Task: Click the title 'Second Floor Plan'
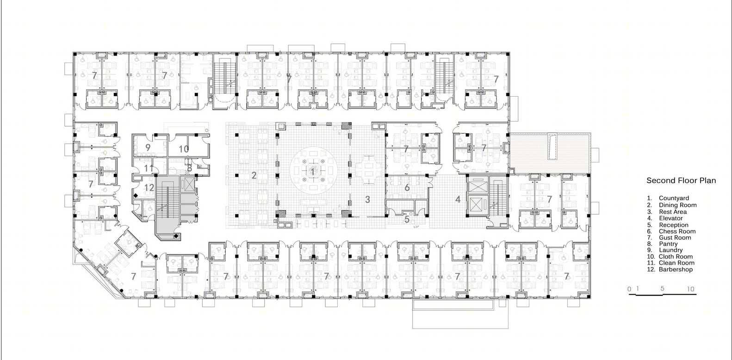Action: pyautogui.click(x=681, y=180)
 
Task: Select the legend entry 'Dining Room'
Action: pyautogui.click(x=677, y=205)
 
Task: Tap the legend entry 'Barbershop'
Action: pyautogui.click(x=676, y=269)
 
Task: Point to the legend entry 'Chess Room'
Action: pyautogui.click(x=677, y=231)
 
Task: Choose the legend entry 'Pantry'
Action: pyautogui.click(x=668, y=244)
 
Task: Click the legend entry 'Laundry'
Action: pyautogui.click(x=670, y=250)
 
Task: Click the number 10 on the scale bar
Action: pyautogui.click(x=690, y=289)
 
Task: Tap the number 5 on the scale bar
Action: pyautogui.click(x=663, y=288)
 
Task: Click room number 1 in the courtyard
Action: pyautogui.click(x=312, y=171)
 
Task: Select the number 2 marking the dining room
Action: pyautogui.click(x=254, y=175)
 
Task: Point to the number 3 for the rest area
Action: pyautogui.click(x=367, y=199)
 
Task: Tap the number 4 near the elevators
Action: pyautogui.click(x=458, y=199)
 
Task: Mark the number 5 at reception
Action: pyautogui.click(x=407, y=219)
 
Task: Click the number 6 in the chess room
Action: pyautogui.click(x=407, y=187)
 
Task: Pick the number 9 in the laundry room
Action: pyautogui.click(x=148, y=148)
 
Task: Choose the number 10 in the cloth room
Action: pyautogui.click(x=184, y=149)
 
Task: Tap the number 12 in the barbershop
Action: pyautogui.click(x=149, y=188)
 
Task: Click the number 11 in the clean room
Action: pyautogui.click(x=149, y=168)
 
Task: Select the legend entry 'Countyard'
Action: pyautogui.click(x=674, y=199)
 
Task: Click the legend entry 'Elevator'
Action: pyautogui.click(x=671, y=218)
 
